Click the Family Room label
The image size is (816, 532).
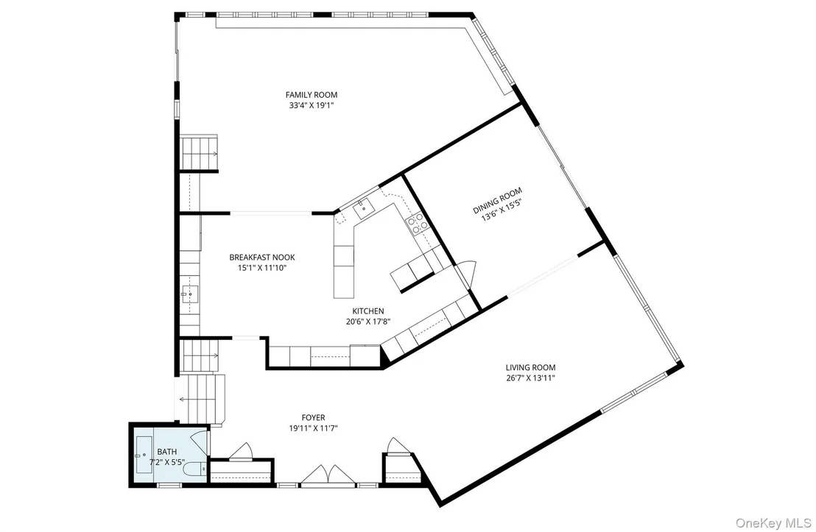(312, 95)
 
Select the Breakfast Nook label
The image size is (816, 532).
(261, 257)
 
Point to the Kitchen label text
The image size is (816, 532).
(368, 311)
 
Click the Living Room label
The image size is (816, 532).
(530, 367)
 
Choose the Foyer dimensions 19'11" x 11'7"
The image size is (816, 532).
(313, 428)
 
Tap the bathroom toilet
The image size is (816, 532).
(196, 469)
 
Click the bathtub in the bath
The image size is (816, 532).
(144, 455)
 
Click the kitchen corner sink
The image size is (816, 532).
(365, 208)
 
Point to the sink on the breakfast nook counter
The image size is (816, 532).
(190, 294)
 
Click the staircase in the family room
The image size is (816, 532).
(198, 152)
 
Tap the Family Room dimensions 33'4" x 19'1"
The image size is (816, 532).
(312, 105)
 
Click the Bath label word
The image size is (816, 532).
(166, 451)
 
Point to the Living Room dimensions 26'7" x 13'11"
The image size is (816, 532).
(530, 378)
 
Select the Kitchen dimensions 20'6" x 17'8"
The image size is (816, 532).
(368, 322)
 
